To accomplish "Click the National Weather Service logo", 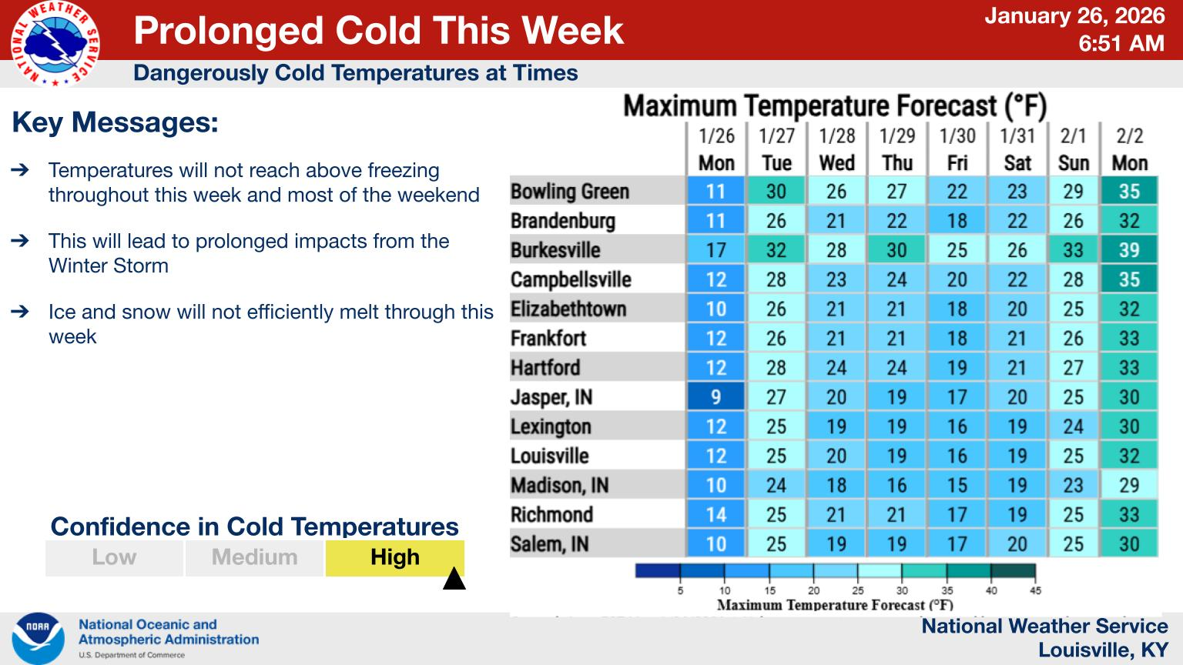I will (55, 43).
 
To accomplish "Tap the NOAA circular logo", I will (38, 638).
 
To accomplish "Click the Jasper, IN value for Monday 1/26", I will (715, 397).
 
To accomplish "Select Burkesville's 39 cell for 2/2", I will (1129, 250).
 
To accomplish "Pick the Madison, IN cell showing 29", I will (1129, 486).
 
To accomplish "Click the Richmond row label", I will (551, 515).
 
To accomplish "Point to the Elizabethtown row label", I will (568, 309).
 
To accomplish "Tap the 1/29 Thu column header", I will (897, 149).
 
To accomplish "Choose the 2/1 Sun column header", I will (1073, 149).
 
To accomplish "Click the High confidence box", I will (394, 557).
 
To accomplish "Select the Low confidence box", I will (114, 557).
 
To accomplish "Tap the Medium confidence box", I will (254, 557).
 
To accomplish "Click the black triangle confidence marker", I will (454, 579).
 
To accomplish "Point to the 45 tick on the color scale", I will (1035, 590).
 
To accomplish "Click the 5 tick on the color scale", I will (680, 590).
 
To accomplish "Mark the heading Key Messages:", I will (116, 123).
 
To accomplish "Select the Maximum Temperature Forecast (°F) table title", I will (835, 106).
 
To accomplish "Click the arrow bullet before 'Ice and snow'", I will (21, 312).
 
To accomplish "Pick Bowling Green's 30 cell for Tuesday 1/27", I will (776, 192).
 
